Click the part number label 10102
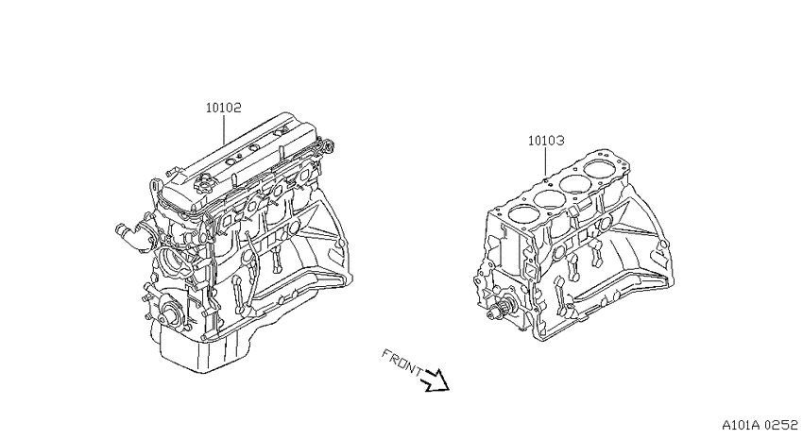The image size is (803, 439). click(223, 108)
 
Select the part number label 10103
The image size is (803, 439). click(546, 141)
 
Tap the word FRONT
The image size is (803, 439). click(402, 363)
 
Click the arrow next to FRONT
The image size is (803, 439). click(436, 380)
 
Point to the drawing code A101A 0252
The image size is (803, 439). click(760, 425)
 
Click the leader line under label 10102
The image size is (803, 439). click(224, 129)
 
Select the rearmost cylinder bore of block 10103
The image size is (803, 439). click(600, 169)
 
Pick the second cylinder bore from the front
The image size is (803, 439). click(549, 198)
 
